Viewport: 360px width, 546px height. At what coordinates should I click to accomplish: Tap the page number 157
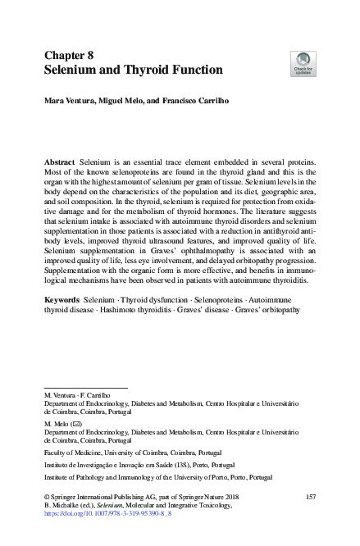tap(310, 498)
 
